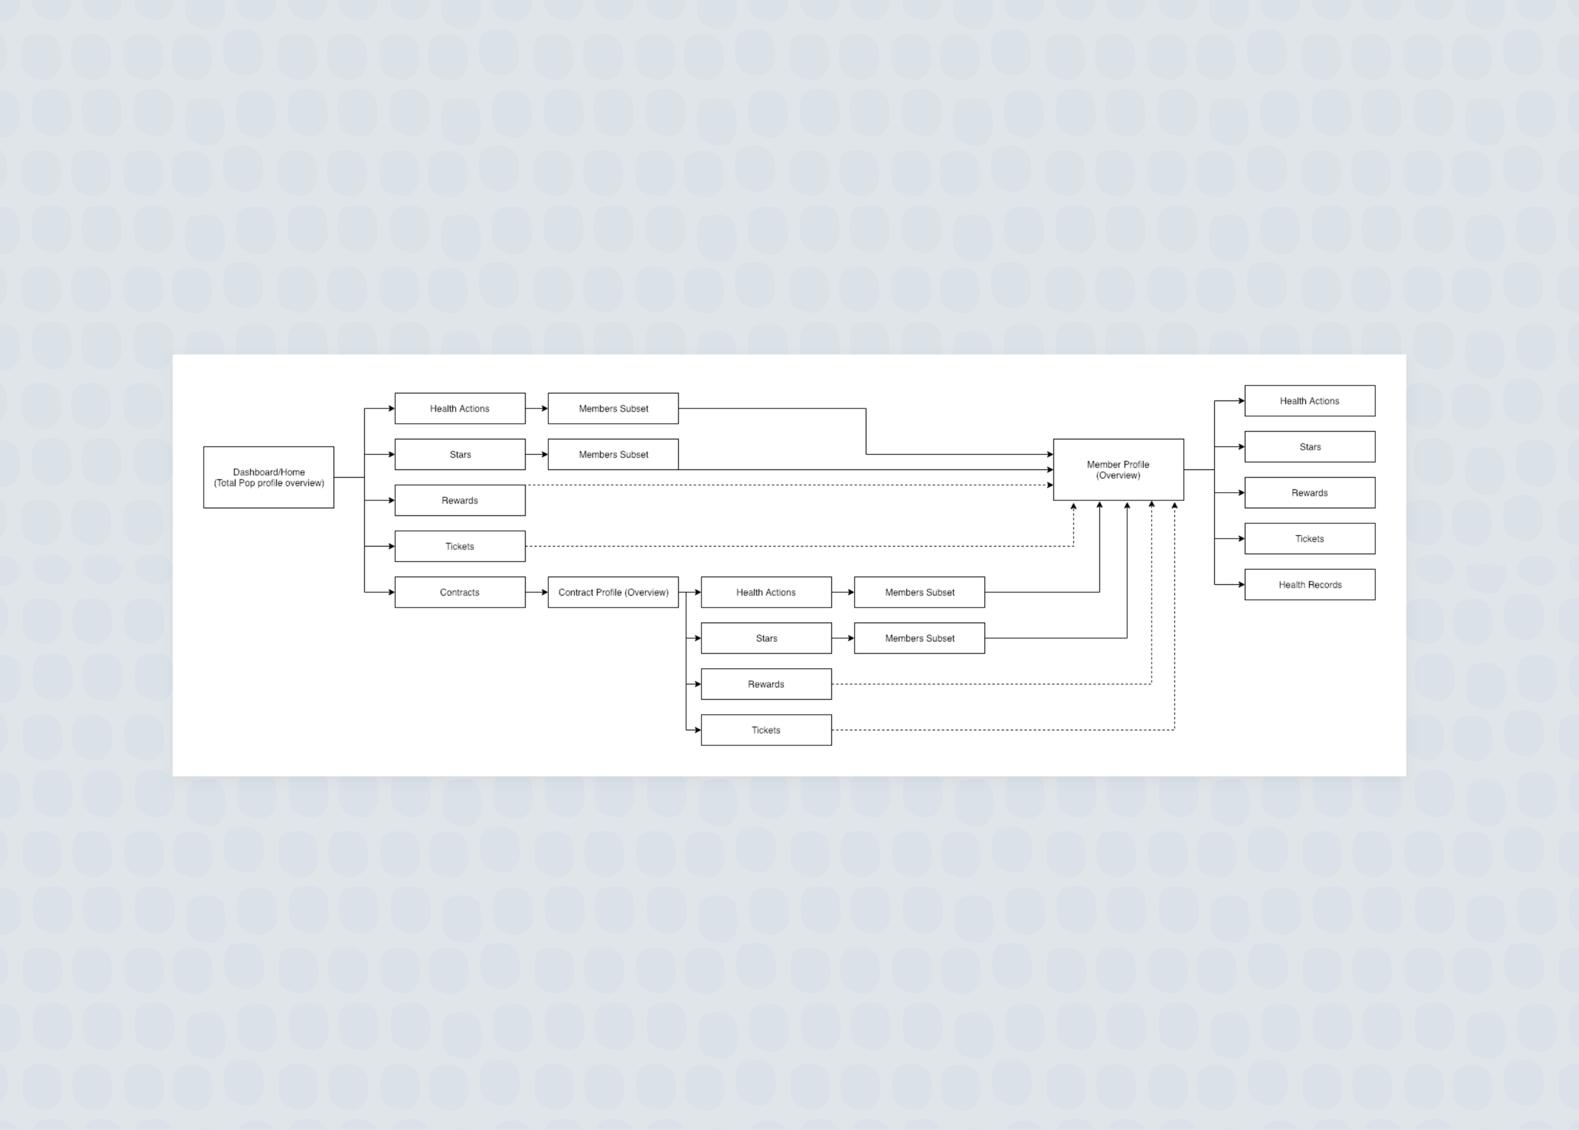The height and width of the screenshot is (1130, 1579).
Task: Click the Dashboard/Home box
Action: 268,478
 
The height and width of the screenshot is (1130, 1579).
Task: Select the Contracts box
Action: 460,592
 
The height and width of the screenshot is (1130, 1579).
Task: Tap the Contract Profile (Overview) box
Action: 613,592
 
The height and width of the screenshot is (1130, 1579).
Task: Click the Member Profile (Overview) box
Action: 1119,470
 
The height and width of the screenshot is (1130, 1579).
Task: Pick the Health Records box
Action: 1310,584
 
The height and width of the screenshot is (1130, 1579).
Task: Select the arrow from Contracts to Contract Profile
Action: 536,592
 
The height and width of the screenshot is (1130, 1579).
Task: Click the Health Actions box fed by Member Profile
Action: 1310,401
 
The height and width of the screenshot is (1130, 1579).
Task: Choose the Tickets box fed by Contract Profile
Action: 766,730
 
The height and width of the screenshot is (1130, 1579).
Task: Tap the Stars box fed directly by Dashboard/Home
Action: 460,454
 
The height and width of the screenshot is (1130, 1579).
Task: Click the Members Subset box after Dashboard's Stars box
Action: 613,454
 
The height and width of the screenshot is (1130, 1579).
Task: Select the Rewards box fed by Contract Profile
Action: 766,684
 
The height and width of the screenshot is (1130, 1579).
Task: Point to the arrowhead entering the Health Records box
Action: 1241,584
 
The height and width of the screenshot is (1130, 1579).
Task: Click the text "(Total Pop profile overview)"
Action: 269,483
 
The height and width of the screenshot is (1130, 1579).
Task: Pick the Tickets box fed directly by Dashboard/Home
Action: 460,546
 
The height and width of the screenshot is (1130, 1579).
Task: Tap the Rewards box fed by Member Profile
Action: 1310,493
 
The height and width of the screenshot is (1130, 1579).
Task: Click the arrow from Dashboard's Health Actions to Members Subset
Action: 536,409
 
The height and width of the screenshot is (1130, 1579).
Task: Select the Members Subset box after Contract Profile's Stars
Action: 920,638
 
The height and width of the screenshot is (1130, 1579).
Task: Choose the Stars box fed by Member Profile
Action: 1310,447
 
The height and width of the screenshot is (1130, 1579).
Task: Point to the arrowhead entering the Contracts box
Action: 391,592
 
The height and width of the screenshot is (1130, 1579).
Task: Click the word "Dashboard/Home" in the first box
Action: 268,472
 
